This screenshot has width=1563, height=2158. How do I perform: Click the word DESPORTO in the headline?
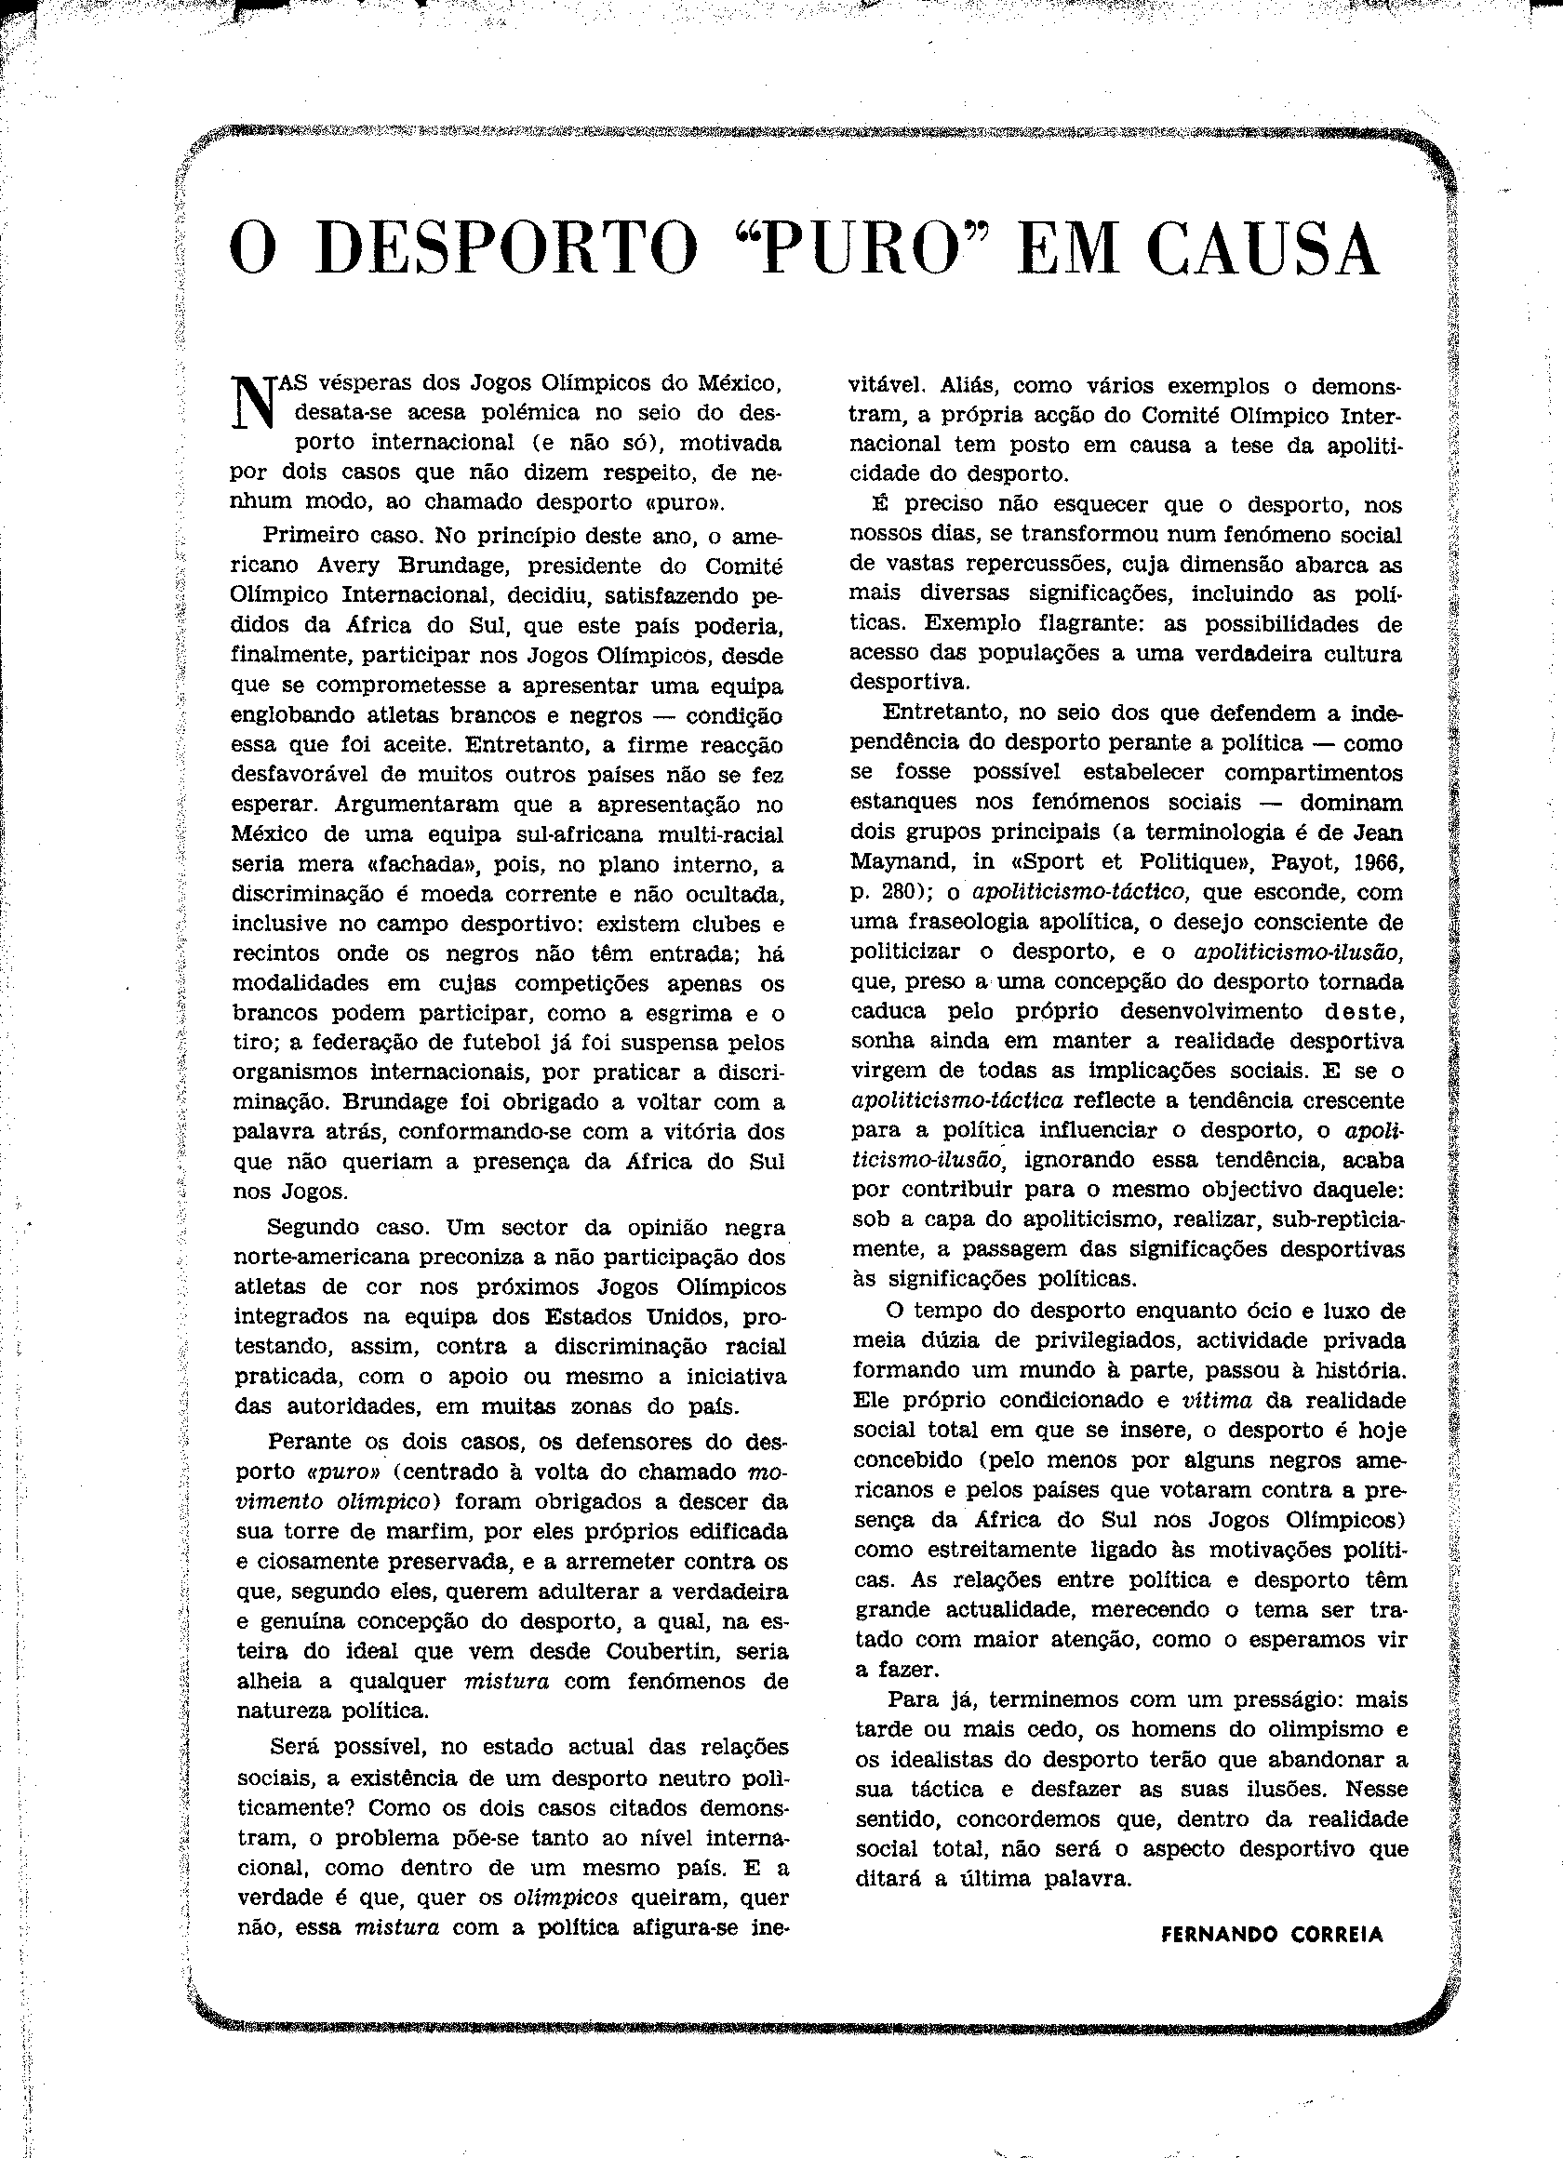(518, 250)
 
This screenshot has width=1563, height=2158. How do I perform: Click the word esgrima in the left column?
(688, 1013)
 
